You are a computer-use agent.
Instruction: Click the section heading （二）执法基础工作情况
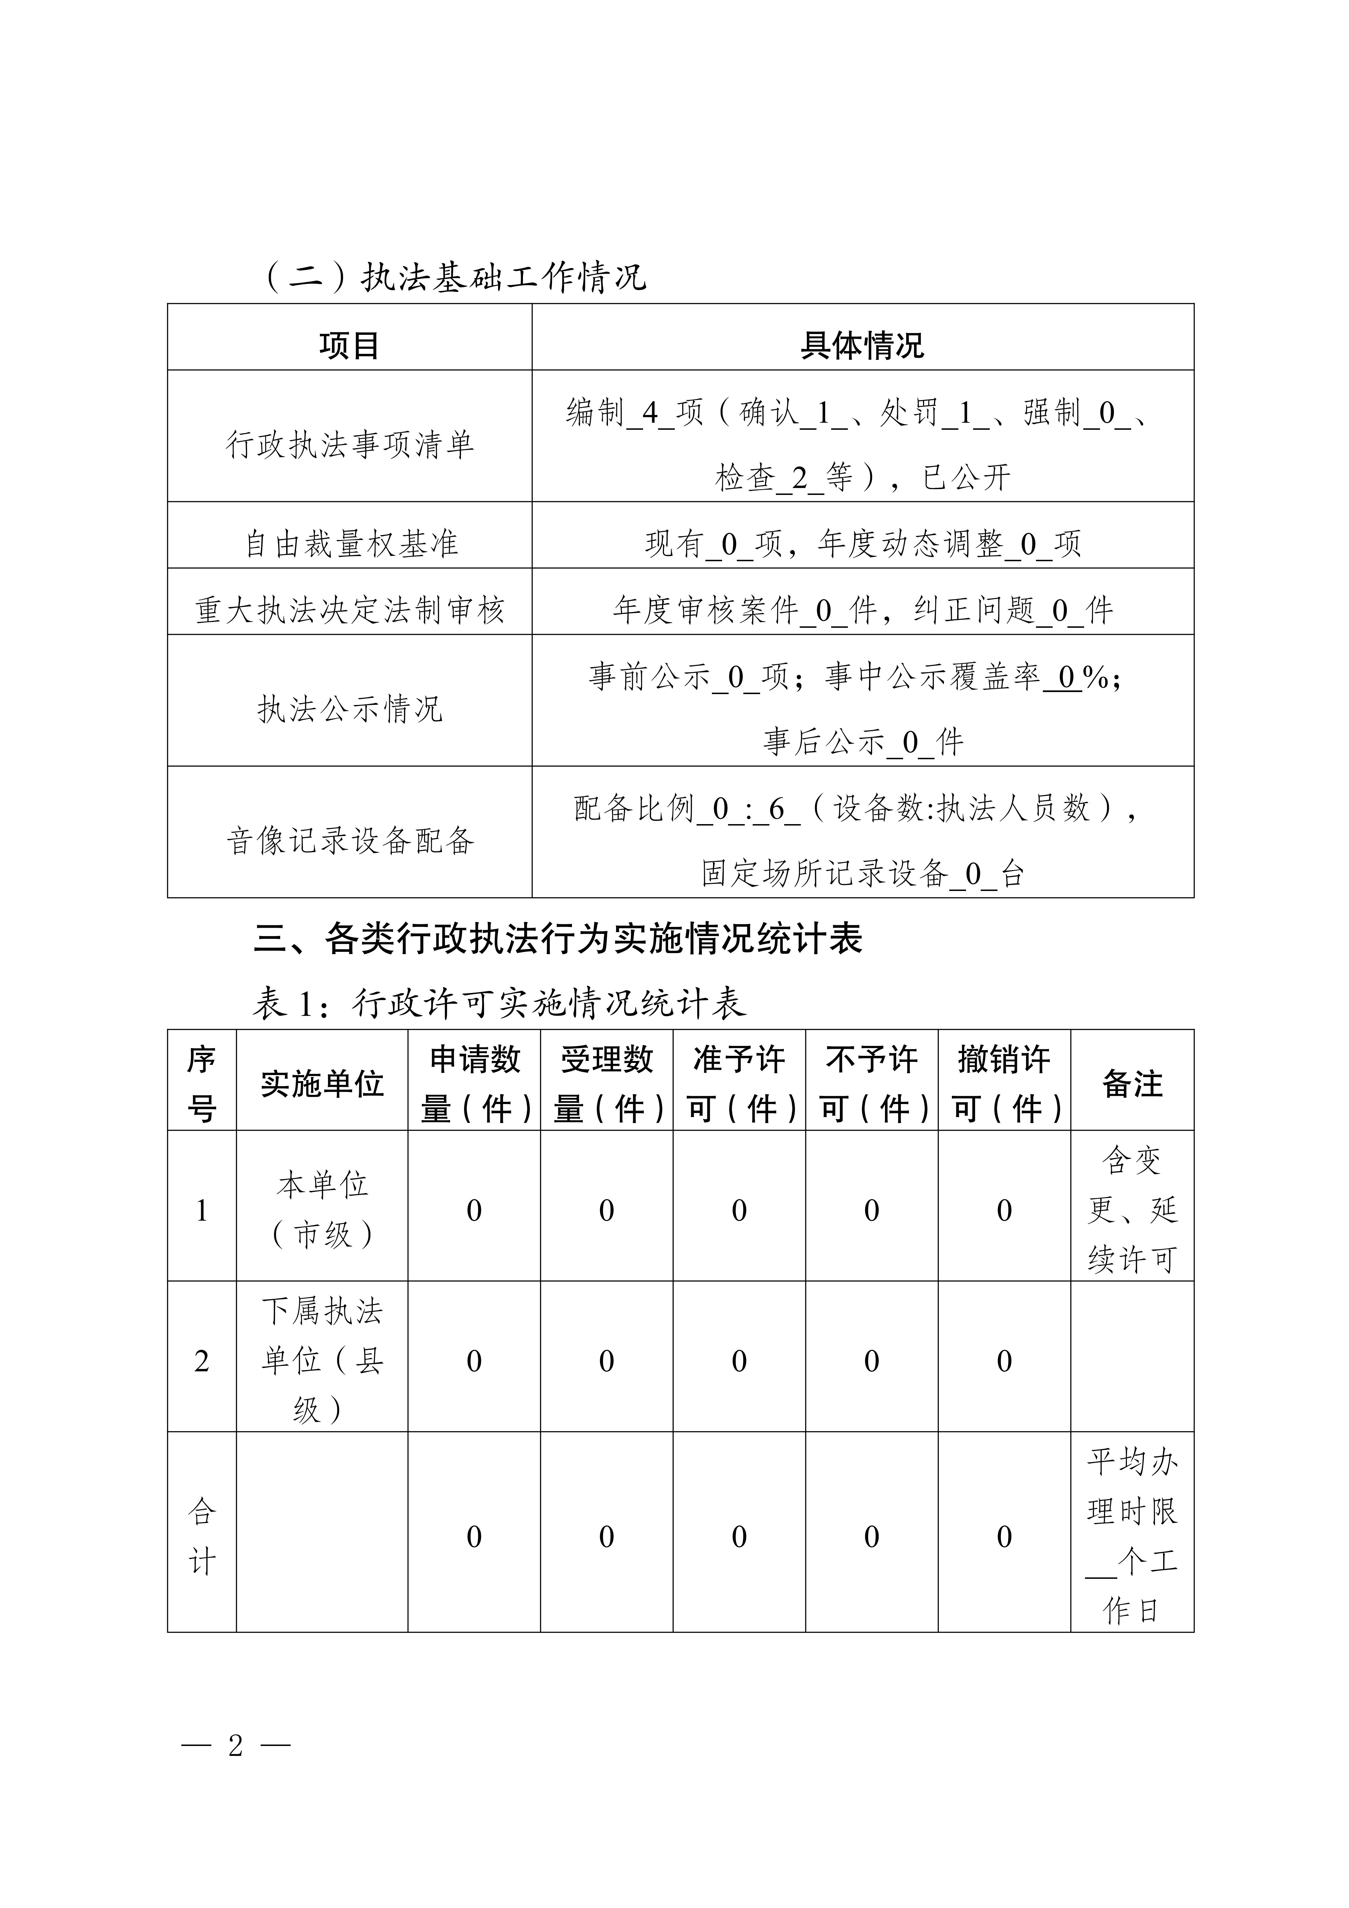pos(455,277)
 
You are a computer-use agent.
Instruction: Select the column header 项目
pos(349,345)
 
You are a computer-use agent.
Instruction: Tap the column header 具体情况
pos(862,345)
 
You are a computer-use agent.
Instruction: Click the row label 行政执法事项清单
pos(349,444)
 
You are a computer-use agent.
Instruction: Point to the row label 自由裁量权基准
pos(349,543)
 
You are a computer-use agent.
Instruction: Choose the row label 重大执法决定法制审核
pos(349,610)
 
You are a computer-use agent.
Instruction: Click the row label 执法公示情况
pos(349,709)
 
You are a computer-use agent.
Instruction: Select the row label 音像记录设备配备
pos(349,841)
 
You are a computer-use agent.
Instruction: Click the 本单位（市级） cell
pos(322,1209)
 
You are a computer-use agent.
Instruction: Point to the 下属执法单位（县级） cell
pos(322,1360)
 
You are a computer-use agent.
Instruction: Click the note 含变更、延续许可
pos(1131,1209)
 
